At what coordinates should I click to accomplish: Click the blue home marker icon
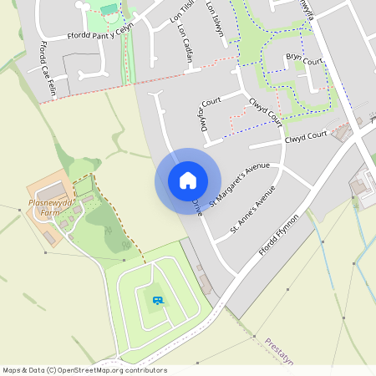[187, 180]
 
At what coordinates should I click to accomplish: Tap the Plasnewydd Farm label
[53, 207]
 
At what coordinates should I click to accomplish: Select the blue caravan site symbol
[158, 300]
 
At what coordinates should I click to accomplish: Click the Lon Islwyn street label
[215, 18]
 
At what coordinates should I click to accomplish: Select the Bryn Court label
[303, 58]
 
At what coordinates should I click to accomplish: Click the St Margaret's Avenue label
[240, 185]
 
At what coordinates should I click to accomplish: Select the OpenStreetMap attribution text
[84, 369]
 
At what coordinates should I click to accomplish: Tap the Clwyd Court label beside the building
[306, 135]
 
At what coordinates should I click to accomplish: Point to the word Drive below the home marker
[197, 206]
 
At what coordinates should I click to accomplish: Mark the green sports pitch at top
[108, 8]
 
